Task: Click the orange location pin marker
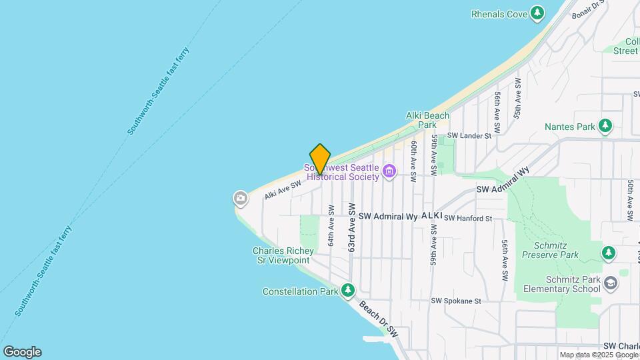click(320, 159)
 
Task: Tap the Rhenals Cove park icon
click(537, 13)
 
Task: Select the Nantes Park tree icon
click(605, 125)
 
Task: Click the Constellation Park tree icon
click(347, 291)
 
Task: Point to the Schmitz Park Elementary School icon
click(610, 284)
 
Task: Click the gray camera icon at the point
click(240, 198)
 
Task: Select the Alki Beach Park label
click(427, 120)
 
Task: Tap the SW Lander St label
click(469, 135)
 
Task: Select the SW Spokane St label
click(455, 301)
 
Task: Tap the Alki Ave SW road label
click(283, 189)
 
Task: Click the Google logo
click(22, 351)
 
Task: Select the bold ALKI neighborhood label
click(431, 216)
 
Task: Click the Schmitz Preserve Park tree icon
click(607, 253)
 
